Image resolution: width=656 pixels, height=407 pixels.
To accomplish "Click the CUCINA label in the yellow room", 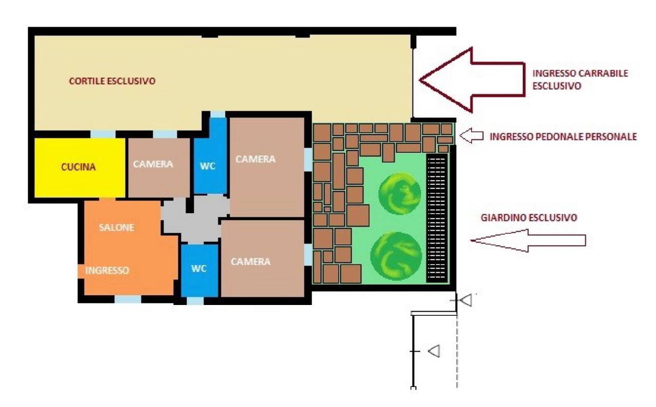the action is coord(78,167).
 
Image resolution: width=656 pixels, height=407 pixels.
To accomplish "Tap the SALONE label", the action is coord(116,228).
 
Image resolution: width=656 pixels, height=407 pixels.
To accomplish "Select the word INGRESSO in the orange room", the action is coord(107,270).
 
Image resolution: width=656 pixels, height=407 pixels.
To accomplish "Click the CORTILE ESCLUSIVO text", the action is coord(112,81).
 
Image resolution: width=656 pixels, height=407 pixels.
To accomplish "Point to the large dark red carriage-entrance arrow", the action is coord(472,79).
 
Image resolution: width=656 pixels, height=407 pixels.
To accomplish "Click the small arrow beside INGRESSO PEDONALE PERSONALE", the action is coord(471,135).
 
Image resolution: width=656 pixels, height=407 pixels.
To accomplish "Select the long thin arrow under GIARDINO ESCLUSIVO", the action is coord(528,241).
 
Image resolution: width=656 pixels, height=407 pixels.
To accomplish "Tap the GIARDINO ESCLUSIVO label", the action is coord(529,217).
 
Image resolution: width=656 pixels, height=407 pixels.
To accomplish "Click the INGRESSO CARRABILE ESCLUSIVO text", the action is coord(580,79).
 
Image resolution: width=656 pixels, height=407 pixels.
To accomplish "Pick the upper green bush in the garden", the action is coord(400,194).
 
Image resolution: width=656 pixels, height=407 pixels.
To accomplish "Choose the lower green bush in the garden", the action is coord(396,256).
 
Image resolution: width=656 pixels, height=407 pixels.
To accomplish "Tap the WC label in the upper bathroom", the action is coord(208,166).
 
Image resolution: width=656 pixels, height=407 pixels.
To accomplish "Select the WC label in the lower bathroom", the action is coord(199,269).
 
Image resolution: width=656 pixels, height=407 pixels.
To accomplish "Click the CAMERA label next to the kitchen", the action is coord(153,164).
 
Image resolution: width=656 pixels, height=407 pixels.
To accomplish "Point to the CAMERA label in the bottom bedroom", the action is coord(251,261).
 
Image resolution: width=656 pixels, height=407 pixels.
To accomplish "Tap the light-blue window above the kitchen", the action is coord(103,134).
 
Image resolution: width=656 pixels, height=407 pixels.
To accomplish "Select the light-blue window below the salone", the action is coord(128,299).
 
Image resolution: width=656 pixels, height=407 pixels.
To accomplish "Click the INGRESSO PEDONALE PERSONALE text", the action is coord(563,136).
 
